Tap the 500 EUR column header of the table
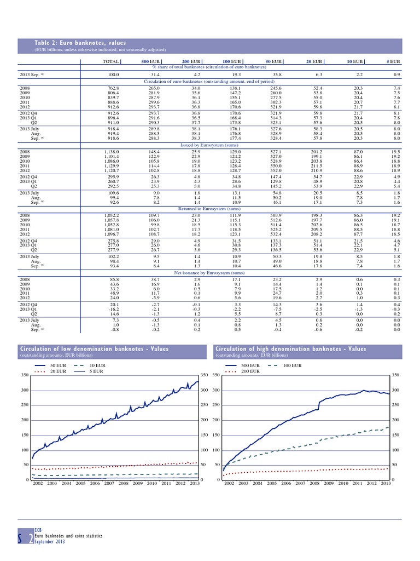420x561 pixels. (x=150, y=61)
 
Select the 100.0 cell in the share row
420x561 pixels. (x=111, y=74)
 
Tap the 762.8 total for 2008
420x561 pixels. (x=112, y=88)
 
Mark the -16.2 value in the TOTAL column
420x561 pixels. (x=112, y=308)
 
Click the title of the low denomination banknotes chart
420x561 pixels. (x=94, y=349)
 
